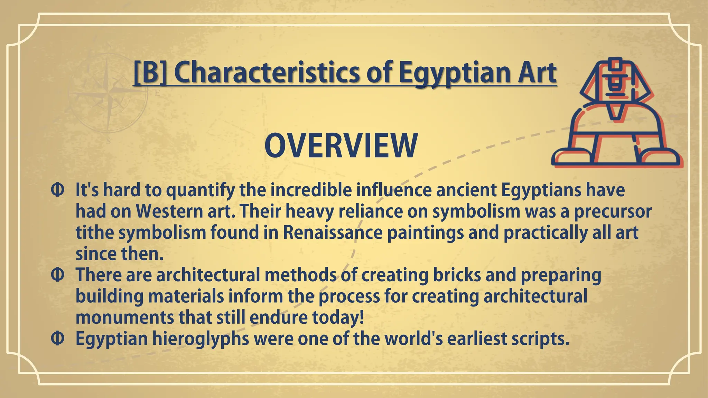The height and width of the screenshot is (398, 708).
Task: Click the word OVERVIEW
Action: [341, 146]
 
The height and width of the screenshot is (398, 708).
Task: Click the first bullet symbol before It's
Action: [57, 190]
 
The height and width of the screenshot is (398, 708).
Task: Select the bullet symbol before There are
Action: [57, 275]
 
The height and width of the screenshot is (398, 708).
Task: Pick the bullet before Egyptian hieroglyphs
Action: [57, 339]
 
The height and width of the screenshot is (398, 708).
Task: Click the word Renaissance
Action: [333, 233]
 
